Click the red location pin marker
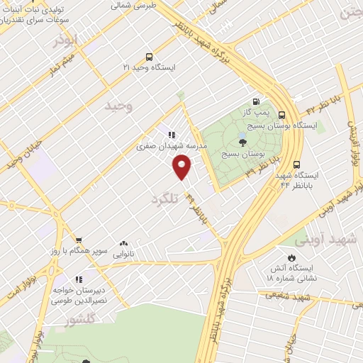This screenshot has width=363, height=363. [x=182, y=168]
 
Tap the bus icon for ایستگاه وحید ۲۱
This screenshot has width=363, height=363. [x=148, y=57]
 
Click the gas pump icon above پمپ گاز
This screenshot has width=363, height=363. [x=256, y=101]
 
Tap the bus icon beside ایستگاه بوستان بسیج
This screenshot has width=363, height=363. [x=281, y=115]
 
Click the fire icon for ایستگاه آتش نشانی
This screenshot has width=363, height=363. [x=291, y=257]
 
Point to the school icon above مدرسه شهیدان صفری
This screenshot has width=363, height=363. [x=172, y=133]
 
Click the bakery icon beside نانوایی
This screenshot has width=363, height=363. [x=124, y=243]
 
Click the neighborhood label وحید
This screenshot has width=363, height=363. [x=118, y=106]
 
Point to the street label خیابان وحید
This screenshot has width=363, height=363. [x=21, y=152]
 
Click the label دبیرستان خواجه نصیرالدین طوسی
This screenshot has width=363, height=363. [x=79, y=296]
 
